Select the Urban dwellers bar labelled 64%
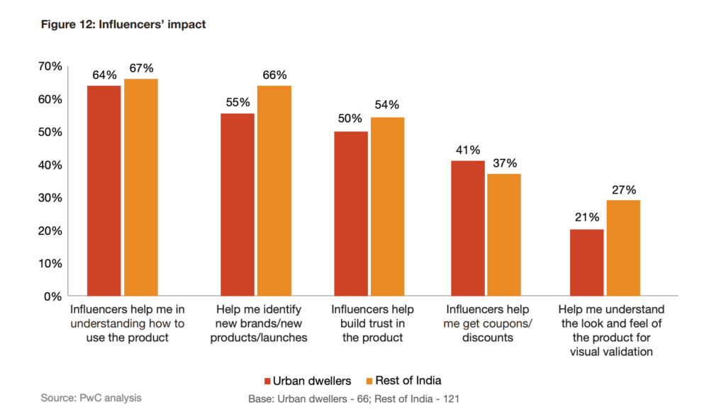(x=104, y=190)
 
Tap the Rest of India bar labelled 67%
(x=140, y=187)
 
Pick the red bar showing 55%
(x=238, y=204)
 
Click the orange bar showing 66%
(x=274, y=190)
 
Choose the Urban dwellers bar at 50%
(x=351, y=213)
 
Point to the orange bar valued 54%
(x=387, y=206)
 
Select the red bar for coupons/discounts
(x=468, y=228)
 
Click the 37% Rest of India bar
(x=504, y=235)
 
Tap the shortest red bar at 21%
(x=586, y=262)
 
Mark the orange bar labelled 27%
(x=623, y=248)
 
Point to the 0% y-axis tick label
(x=53, y=296)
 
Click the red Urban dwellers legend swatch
(x=268, y=380)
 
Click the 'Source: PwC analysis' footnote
(x=91, y=398)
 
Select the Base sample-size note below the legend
(x=353, y=399)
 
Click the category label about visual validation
(x=610, y=330)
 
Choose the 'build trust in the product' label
(x=372, y=323)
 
